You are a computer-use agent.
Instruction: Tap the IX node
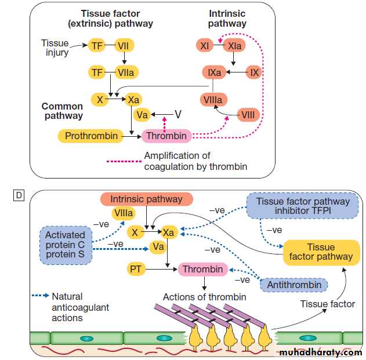(253, 72)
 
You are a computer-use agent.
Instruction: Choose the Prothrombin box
(91, 136)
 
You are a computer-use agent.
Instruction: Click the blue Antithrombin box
(293, 285)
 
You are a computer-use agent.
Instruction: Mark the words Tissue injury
(55, 48)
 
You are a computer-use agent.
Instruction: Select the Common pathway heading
(62, 111)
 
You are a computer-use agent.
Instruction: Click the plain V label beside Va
(179, 114)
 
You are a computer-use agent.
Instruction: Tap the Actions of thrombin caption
(205, 297)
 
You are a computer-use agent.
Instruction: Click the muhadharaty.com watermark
(321, 352)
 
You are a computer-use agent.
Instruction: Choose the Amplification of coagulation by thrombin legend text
(195, 161)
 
